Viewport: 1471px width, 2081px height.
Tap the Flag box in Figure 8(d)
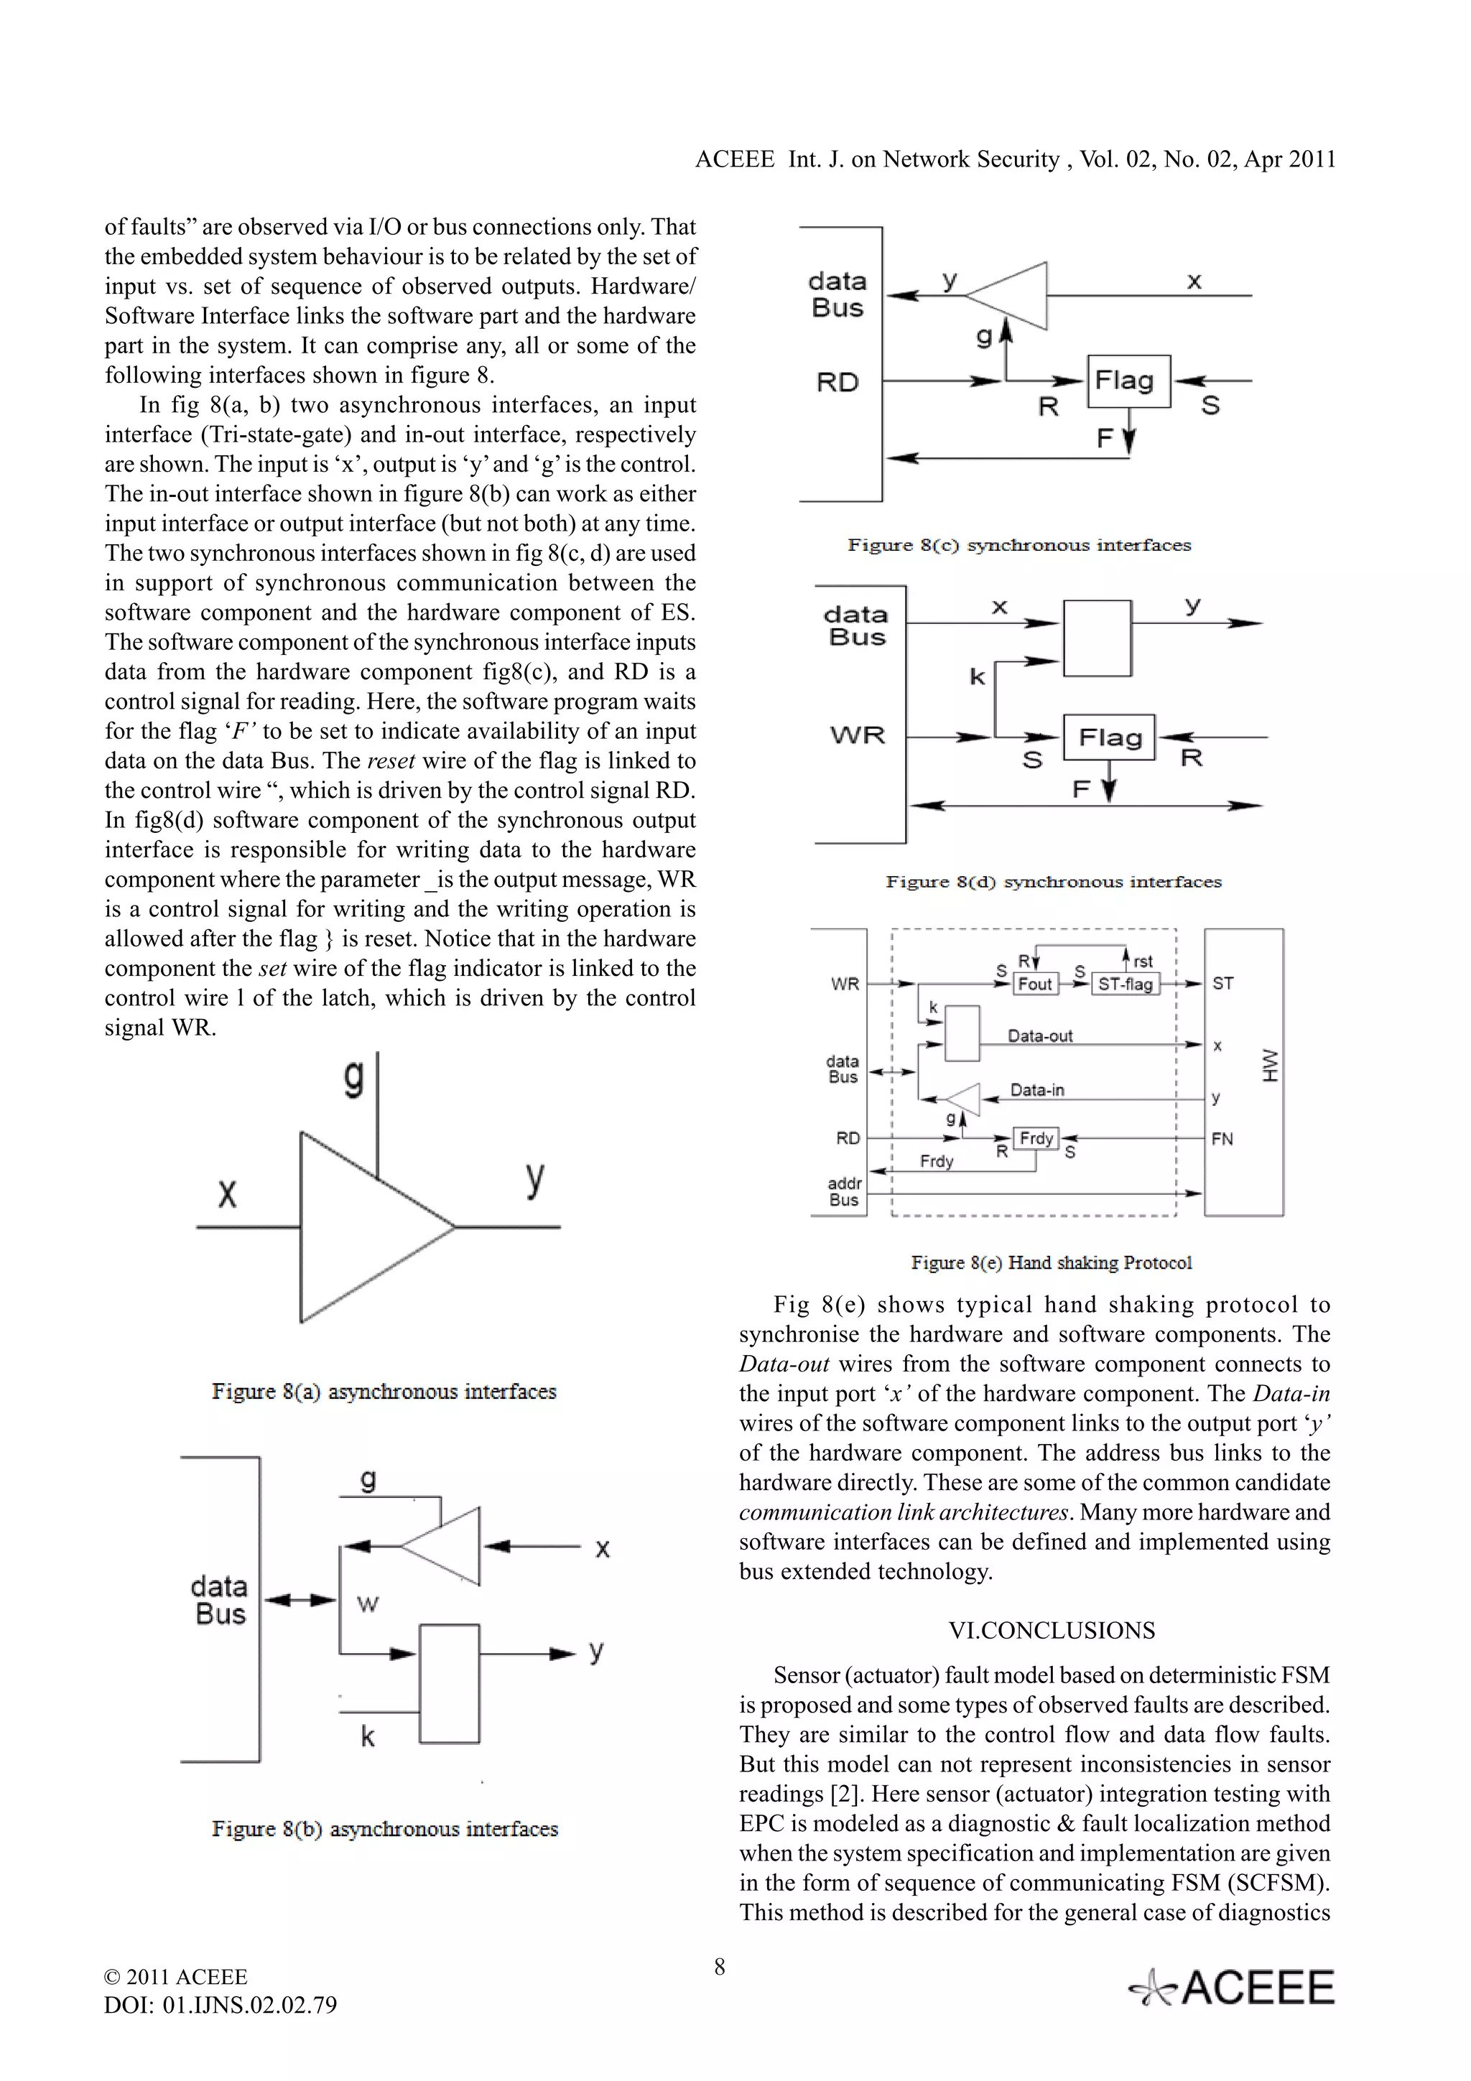coord(1110,737)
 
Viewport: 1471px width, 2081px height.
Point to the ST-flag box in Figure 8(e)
coord(1125,983)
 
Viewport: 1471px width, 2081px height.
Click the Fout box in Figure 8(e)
coord(1034,983)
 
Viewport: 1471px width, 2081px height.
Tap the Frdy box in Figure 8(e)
coord(1035,1138)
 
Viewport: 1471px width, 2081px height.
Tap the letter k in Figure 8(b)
coord(367,1736)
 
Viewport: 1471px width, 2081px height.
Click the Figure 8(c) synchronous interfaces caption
coord(1018,545)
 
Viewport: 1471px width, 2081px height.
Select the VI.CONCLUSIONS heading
coord(1052,1631)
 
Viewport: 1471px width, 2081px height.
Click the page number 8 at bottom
coord(720,1967)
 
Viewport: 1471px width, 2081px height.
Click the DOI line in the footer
coord(221,2004)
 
